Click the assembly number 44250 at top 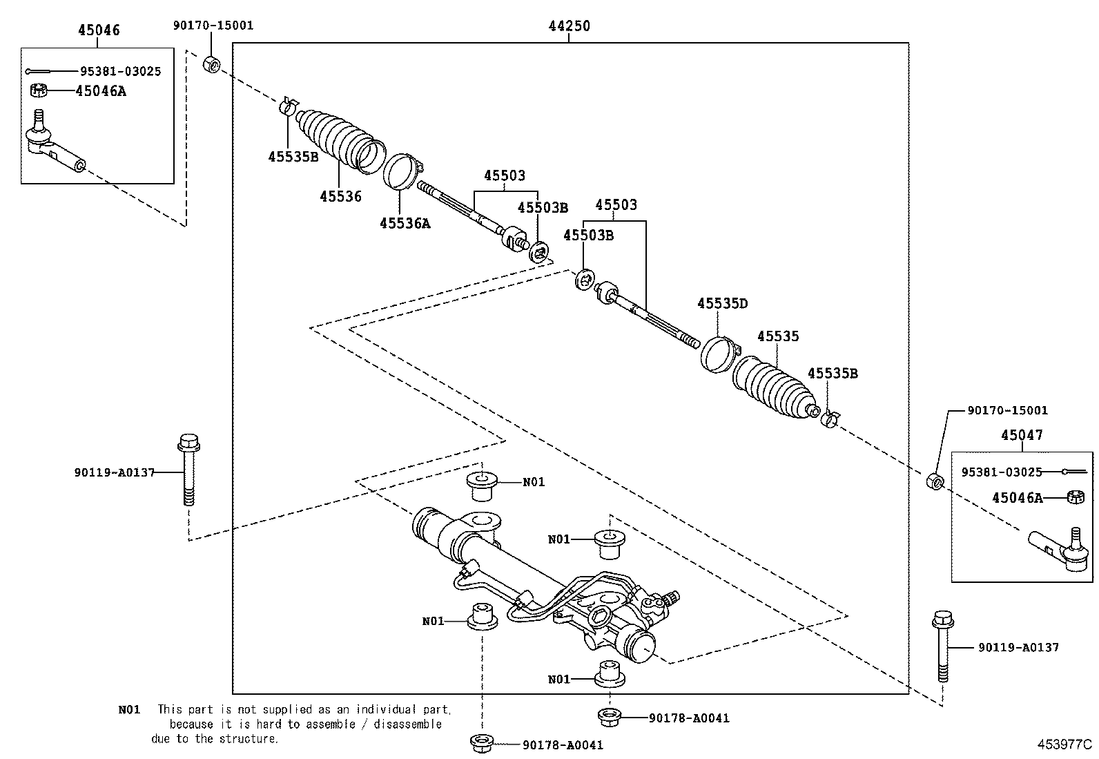pos(569,26)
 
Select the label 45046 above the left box pos(98,30)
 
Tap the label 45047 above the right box pos(1022,435)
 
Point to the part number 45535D pos(722,304)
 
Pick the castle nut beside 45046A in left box pos(39,90)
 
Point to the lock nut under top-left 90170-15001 pos(212,65)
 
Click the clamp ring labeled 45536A pos(401,171)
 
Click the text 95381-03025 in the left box pos(120,71)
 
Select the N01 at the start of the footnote pos(128,709)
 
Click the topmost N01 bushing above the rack pos(484,486)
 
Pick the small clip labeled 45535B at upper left pos(289,106)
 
